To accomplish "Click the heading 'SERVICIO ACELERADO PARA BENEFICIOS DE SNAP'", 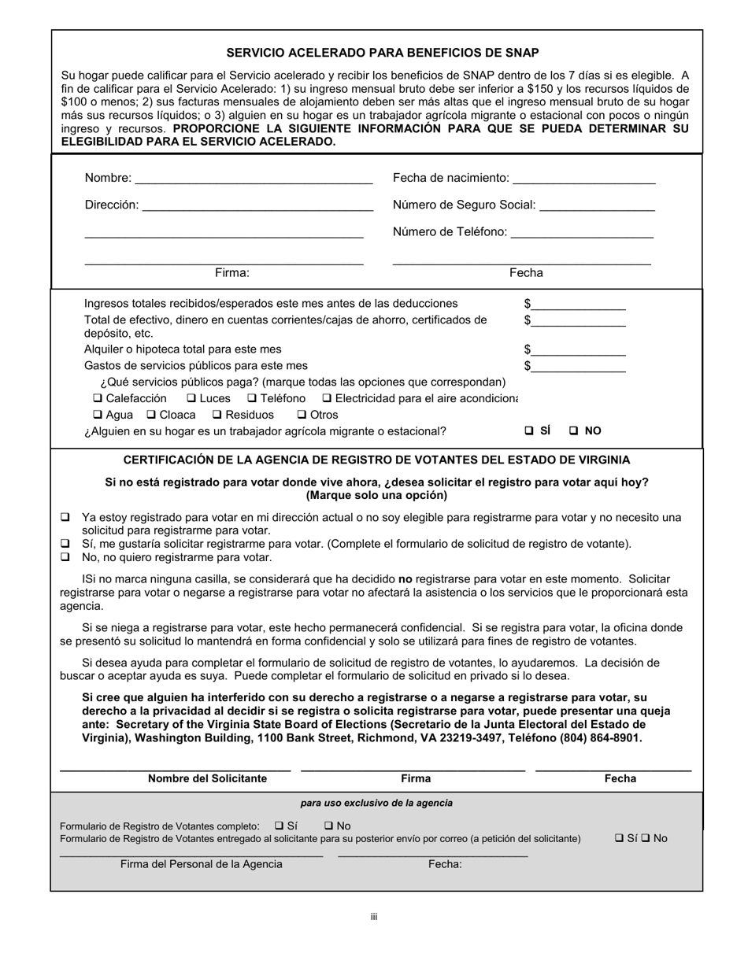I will pyautogui.click(x=383, y=53).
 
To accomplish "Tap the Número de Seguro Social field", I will pyautogui.click(x=598, y=205).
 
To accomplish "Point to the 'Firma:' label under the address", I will pyautogui.click(x=231, y=273).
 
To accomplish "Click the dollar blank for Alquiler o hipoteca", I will pyautogui.click(x=578, y=349).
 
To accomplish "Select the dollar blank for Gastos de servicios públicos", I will pyautogui.click(x=578, y=366).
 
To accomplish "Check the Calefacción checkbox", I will pyautogui.click(x=98, y=398).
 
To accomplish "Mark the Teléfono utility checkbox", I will pyautogui.click(x=252, y=398).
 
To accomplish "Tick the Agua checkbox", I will pyautogui.click(x=98, y=415).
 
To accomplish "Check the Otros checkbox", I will pyautogui.click(x=302, y=415).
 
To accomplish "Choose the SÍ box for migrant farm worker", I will pyautogui.click(x=529, y=431).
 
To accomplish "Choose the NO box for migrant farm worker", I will pyautogui.click(x=574, y=431).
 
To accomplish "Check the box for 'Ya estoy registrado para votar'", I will pyautogui.click(x=65, y=518).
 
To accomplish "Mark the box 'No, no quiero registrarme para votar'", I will pyautogui.click(x=65, y=557).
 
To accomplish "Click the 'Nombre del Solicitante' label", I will pyautogui.click(x=207, y=778).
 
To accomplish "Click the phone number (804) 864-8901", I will pyautogui.click(x=600, y=738).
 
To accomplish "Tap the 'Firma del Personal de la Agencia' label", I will pyautogui.click(x=201, y=864).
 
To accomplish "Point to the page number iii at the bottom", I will pyautogui.click(x=374, y=917).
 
